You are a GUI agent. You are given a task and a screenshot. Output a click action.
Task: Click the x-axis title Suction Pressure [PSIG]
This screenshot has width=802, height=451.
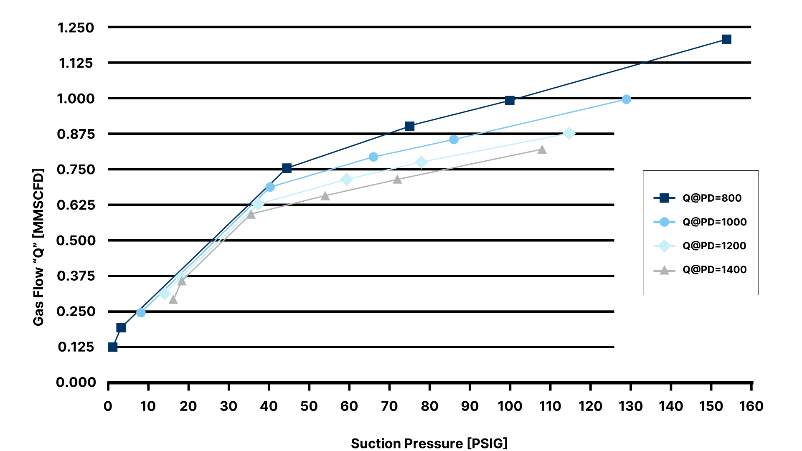coord(429,443)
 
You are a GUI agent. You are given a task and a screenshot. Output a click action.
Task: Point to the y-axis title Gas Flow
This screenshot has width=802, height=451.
coord(38,247)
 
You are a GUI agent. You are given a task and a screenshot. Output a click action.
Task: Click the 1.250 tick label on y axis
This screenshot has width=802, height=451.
coord(76,28)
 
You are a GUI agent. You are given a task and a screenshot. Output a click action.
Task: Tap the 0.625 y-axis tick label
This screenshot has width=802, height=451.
coord(76,205)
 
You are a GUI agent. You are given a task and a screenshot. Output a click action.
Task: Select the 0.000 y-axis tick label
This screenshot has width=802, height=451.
coord(76,382)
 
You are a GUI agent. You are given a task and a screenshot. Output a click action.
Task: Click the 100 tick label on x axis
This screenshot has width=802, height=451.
coord(510,406)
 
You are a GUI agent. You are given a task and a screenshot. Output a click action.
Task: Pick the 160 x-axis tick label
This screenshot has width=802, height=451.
coord(751,406)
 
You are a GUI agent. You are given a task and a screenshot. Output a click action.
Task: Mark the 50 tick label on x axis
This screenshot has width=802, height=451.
coord(309,406)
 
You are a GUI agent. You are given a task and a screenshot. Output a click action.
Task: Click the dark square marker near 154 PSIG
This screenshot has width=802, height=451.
coord(726,39)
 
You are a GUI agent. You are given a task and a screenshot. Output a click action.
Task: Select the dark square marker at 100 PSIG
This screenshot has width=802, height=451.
coord(510,100)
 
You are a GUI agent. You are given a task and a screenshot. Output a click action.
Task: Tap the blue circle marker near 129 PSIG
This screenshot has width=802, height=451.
coord(626,99)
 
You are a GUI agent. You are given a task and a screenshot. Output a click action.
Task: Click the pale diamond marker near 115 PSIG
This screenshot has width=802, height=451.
coord(569,133)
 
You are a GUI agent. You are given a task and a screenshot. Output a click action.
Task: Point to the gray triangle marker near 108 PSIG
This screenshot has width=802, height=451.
coord(542,149)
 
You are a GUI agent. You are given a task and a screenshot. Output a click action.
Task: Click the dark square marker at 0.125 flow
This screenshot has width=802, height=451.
coord(113,347)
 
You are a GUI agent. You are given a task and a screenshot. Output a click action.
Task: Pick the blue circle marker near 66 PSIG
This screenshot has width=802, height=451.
coord(373,157)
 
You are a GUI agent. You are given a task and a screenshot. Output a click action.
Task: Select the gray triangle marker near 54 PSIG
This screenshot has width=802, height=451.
coord(325,196)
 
